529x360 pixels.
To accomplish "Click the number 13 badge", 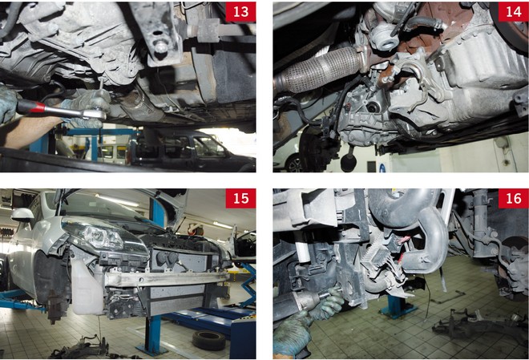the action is click(x=240, y=12).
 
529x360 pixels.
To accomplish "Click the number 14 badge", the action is click(x=514, y=12).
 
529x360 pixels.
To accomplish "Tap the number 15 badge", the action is click(x=240, y=198).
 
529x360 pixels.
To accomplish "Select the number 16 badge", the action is click(x=514, y=198).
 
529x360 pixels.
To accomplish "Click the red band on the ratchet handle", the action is click(x=38, y=107).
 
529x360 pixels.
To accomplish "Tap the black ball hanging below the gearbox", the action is click(x=348, y=163).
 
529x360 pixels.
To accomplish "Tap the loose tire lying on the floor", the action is click(x=209, y=340).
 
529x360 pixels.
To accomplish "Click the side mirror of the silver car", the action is click(x=22, y=215).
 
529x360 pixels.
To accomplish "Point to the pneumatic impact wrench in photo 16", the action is click(x=304, y=302).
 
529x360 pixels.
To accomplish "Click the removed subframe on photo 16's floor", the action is click(x=479, y=324).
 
